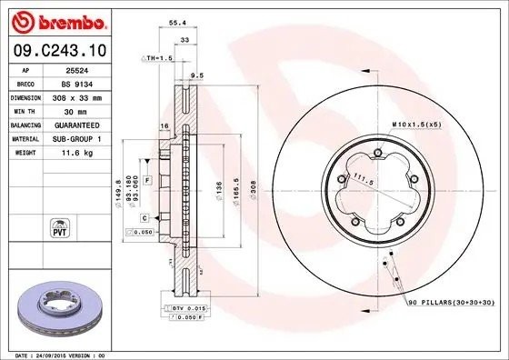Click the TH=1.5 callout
(x=155, y=57)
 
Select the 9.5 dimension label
(x=196, y=77)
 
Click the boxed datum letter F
(x=146, y=182)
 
